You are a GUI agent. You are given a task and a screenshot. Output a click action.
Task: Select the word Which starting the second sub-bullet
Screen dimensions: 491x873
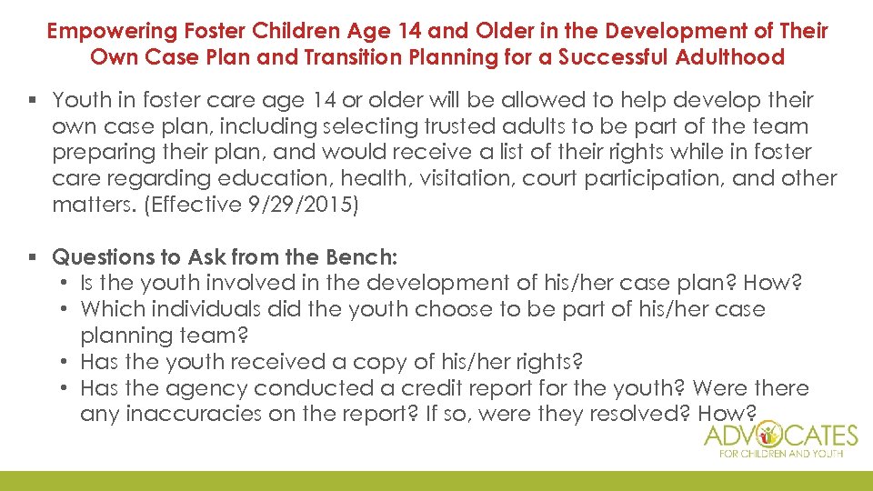[108, 309]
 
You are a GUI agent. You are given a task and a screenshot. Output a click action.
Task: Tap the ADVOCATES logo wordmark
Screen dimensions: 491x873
[780, 435]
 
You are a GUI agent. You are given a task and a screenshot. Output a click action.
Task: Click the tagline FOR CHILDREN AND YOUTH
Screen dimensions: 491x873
[780, 454]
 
